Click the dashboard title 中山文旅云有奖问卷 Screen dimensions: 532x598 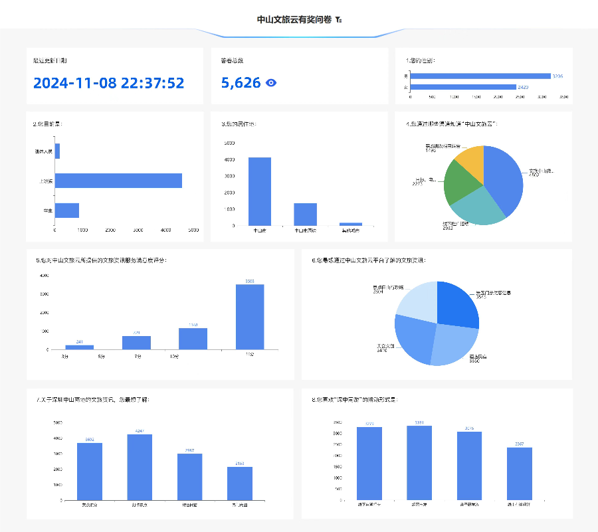294,19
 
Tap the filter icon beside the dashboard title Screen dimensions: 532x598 339,20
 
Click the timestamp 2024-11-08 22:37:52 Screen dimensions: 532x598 108,83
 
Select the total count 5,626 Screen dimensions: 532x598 241,83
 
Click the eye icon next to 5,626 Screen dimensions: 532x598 271,83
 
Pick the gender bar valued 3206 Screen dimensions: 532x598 480,76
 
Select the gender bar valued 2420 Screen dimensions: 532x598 463,87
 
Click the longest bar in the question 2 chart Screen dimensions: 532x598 118,181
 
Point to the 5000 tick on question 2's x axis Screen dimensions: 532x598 193,230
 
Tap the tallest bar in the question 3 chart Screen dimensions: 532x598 260,191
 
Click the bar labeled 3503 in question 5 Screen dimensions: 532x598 250,317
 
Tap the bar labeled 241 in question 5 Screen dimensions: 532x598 79,347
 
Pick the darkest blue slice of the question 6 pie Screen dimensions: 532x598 458,304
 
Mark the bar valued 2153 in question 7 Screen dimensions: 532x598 240,484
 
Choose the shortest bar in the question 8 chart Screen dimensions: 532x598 519,474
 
